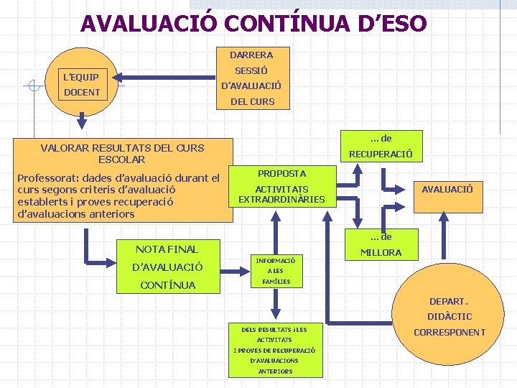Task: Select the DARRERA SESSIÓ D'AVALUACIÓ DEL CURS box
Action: pos(251,78)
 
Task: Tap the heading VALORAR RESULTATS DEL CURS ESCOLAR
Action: pos(122,153)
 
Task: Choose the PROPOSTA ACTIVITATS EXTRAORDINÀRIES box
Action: pos(281,187)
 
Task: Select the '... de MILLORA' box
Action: pos(381,244)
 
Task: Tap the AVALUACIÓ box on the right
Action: pos(447,189)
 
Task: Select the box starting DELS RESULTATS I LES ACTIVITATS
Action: pos(274,350)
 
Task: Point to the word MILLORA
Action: pos(381,253)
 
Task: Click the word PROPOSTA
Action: pos(281,173)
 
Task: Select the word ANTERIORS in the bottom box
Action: pos(275,371)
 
